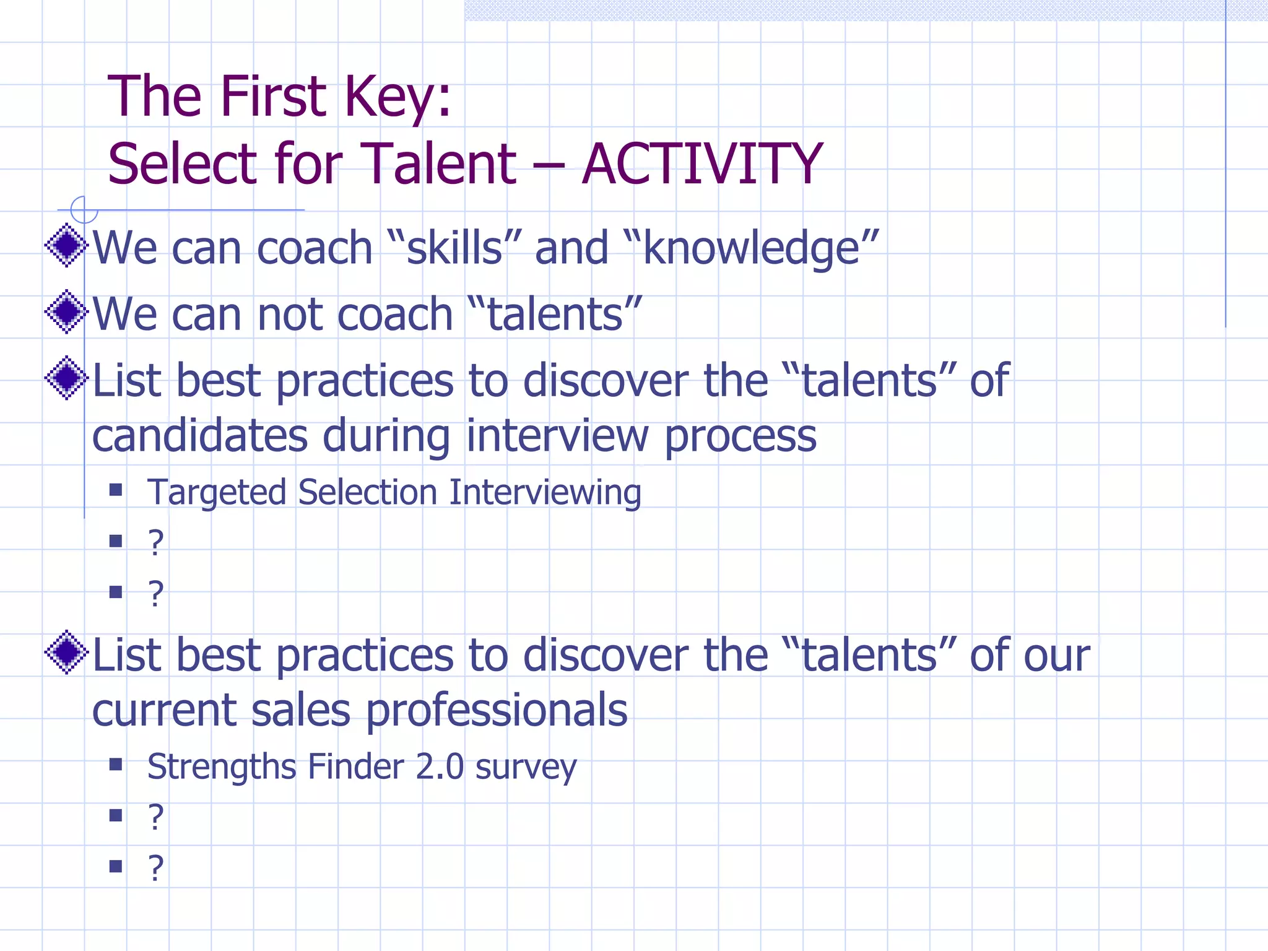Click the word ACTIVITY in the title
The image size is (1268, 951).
pyautogui.click(x=702, y=163)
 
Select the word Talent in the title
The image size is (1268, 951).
pyautogui.click(x=437, y=163)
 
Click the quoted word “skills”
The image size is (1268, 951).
pyautogui.click(x=454, y=248)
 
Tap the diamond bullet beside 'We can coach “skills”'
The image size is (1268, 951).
pyautogui.click(x=66, y=245)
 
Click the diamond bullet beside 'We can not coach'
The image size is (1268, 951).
pyautogui.click(x=66, y=311)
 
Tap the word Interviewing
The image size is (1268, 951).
pyautogui.click(x=545, y=493)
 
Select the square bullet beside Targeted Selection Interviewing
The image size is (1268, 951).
pyautogui.click(x=116, y=490)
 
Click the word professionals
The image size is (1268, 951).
pyautogui.click(x=497, y=710)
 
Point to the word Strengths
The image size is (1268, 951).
pyautogui.click(x=222, y=767)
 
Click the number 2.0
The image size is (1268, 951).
pyautogui.click(x=439, y=767)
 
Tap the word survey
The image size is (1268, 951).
pyautogui.click(x=526, y=767)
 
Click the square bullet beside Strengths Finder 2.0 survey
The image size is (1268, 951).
pyautogui.click(x=116, y=765)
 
